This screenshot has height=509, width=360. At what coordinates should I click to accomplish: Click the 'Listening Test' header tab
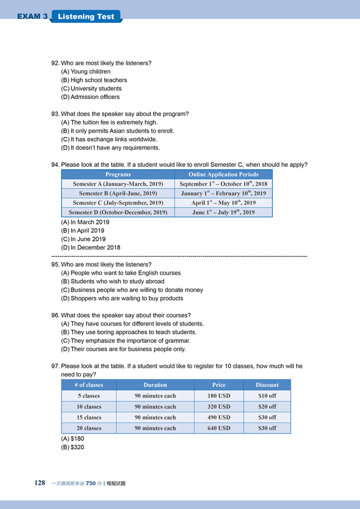(86, 17)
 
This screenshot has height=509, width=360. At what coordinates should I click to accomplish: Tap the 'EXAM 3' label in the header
(32, 17)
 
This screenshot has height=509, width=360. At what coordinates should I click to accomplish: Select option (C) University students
(91, 89)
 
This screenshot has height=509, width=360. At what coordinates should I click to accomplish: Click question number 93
(55, 114)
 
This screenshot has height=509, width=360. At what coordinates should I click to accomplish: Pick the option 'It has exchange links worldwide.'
(109, 139)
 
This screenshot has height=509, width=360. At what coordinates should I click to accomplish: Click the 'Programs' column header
(118, 175)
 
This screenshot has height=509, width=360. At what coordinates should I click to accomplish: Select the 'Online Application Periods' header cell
(223, 175)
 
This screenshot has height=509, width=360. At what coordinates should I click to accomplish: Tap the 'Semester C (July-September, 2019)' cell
(118, 203)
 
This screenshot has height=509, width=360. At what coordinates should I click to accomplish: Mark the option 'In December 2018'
(91, 248)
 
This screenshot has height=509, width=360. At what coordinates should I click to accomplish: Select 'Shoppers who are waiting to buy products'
(122, 298)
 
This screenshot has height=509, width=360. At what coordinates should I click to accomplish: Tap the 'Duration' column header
(155, 385)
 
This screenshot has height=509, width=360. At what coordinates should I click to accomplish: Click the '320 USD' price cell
(218, 407)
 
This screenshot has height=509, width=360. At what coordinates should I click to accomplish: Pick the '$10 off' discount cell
(267, 396)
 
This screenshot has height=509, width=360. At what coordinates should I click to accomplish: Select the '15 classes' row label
(89, 417)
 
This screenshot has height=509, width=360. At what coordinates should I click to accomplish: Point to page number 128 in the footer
(40, 483)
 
